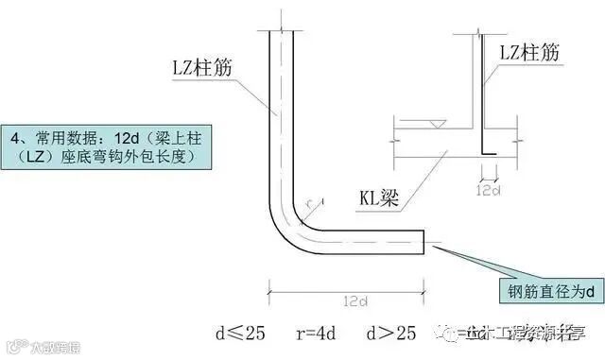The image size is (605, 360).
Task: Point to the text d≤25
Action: point(239,333)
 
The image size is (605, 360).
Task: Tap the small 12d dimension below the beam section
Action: point(490,190)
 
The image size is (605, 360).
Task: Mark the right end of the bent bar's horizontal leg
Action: point(426,241)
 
